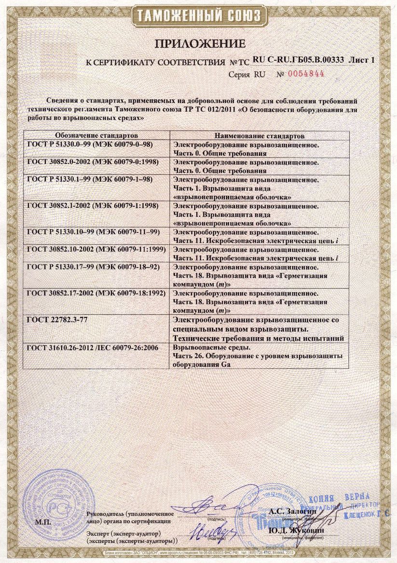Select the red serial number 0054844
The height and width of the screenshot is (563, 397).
306,73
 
